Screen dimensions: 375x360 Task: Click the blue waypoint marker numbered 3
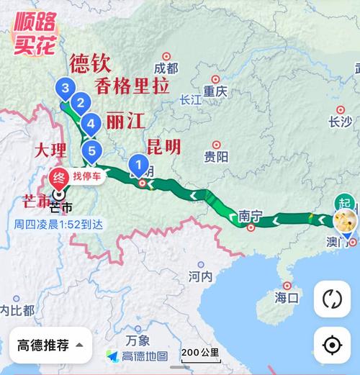66,89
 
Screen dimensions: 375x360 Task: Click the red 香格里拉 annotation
131,85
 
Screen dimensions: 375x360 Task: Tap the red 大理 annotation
52,151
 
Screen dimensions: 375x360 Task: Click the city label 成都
166,68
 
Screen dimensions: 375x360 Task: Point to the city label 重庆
215,91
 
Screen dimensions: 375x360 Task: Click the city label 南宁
248,215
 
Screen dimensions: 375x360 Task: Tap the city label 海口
287,296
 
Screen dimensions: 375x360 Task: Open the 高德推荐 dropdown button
50,345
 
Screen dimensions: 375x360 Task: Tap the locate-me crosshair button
331,345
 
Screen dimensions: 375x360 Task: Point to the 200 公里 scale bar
200,353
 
